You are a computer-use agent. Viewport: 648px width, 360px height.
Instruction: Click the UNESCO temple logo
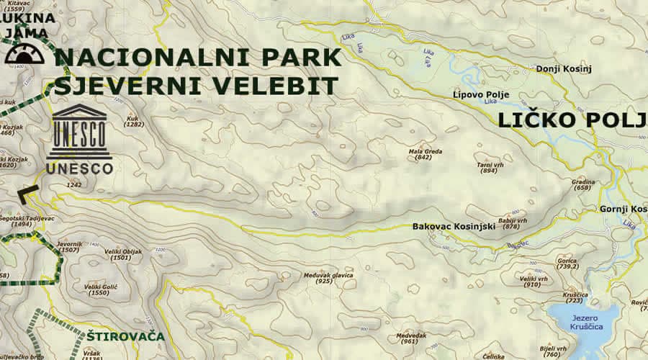point(80,131)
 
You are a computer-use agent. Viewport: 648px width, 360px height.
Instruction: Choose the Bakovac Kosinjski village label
point(454,226)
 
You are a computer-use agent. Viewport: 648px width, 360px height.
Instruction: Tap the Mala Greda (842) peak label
point(420,153)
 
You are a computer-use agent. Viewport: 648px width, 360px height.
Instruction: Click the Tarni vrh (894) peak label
point(488,167)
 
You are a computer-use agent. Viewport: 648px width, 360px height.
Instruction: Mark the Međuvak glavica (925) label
point(327,277)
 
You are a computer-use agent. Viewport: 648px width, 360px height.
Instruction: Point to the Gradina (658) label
point(583,184)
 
